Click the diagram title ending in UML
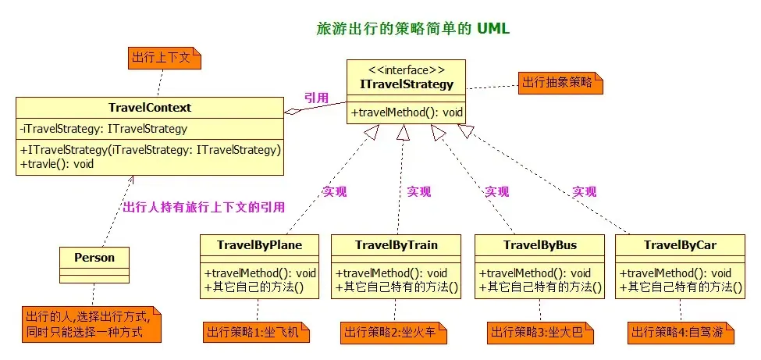click(413, 29)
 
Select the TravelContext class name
click(150, 108)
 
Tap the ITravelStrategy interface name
click(407, 84)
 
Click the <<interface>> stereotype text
click(407, 70)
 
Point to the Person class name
click(94, 258)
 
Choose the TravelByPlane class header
click(260, 245)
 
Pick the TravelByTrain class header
click(396, 245)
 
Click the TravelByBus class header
click(540, 245)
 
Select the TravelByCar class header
click(680, 245)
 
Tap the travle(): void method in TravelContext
click(57, 164)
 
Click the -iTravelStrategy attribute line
click(103, 129)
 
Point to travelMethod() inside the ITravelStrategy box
click(407, 113)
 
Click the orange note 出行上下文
click(165, 58)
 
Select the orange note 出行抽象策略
click(560, 83)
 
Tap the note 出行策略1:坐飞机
click(256, 333)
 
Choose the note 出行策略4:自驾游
click(681, 333)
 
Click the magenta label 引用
click(316, 98)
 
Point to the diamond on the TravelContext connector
click(293, 111)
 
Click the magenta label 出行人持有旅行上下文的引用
click(204, 208)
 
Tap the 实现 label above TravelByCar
click(585, 191)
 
